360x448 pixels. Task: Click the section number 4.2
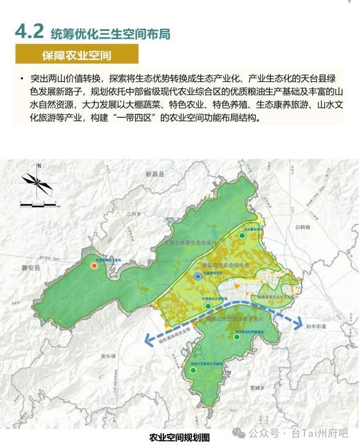[x=30, y=32]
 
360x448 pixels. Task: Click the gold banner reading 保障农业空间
[x=77, y=55]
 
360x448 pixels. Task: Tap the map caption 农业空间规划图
[x=179, y=437]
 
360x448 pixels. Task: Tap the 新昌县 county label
[x=156, y=175]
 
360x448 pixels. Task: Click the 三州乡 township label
[x=135, y=214]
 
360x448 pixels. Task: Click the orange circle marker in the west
[x=94, y=266]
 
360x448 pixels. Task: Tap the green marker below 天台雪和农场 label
[x=242, y=235]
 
